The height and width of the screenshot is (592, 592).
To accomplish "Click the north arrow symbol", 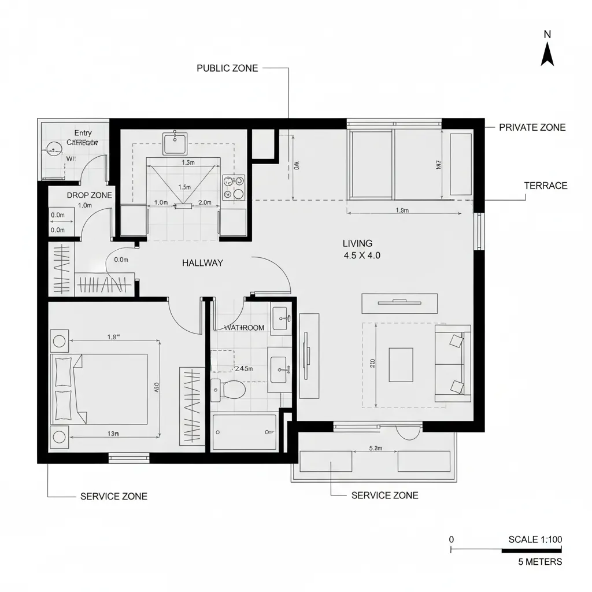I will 547,55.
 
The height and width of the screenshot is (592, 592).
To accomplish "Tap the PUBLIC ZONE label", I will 227,68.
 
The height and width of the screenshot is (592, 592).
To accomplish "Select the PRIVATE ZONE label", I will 532,127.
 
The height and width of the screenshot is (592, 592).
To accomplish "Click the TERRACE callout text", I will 545,186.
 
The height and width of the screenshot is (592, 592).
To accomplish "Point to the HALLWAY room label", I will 202,262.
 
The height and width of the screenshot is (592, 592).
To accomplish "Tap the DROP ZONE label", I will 89,195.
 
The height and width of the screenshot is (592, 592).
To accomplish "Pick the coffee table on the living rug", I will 401,365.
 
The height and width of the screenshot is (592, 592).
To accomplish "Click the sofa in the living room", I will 453,362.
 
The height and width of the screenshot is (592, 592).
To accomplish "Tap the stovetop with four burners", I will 234,187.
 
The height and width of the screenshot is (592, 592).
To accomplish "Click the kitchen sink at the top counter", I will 175,143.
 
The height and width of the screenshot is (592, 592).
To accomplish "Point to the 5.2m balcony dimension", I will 375,448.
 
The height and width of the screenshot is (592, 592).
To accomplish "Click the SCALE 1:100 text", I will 535,539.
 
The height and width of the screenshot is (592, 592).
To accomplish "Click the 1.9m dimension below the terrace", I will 402,210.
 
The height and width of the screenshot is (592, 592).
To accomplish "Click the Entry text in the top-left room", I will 83,133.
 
